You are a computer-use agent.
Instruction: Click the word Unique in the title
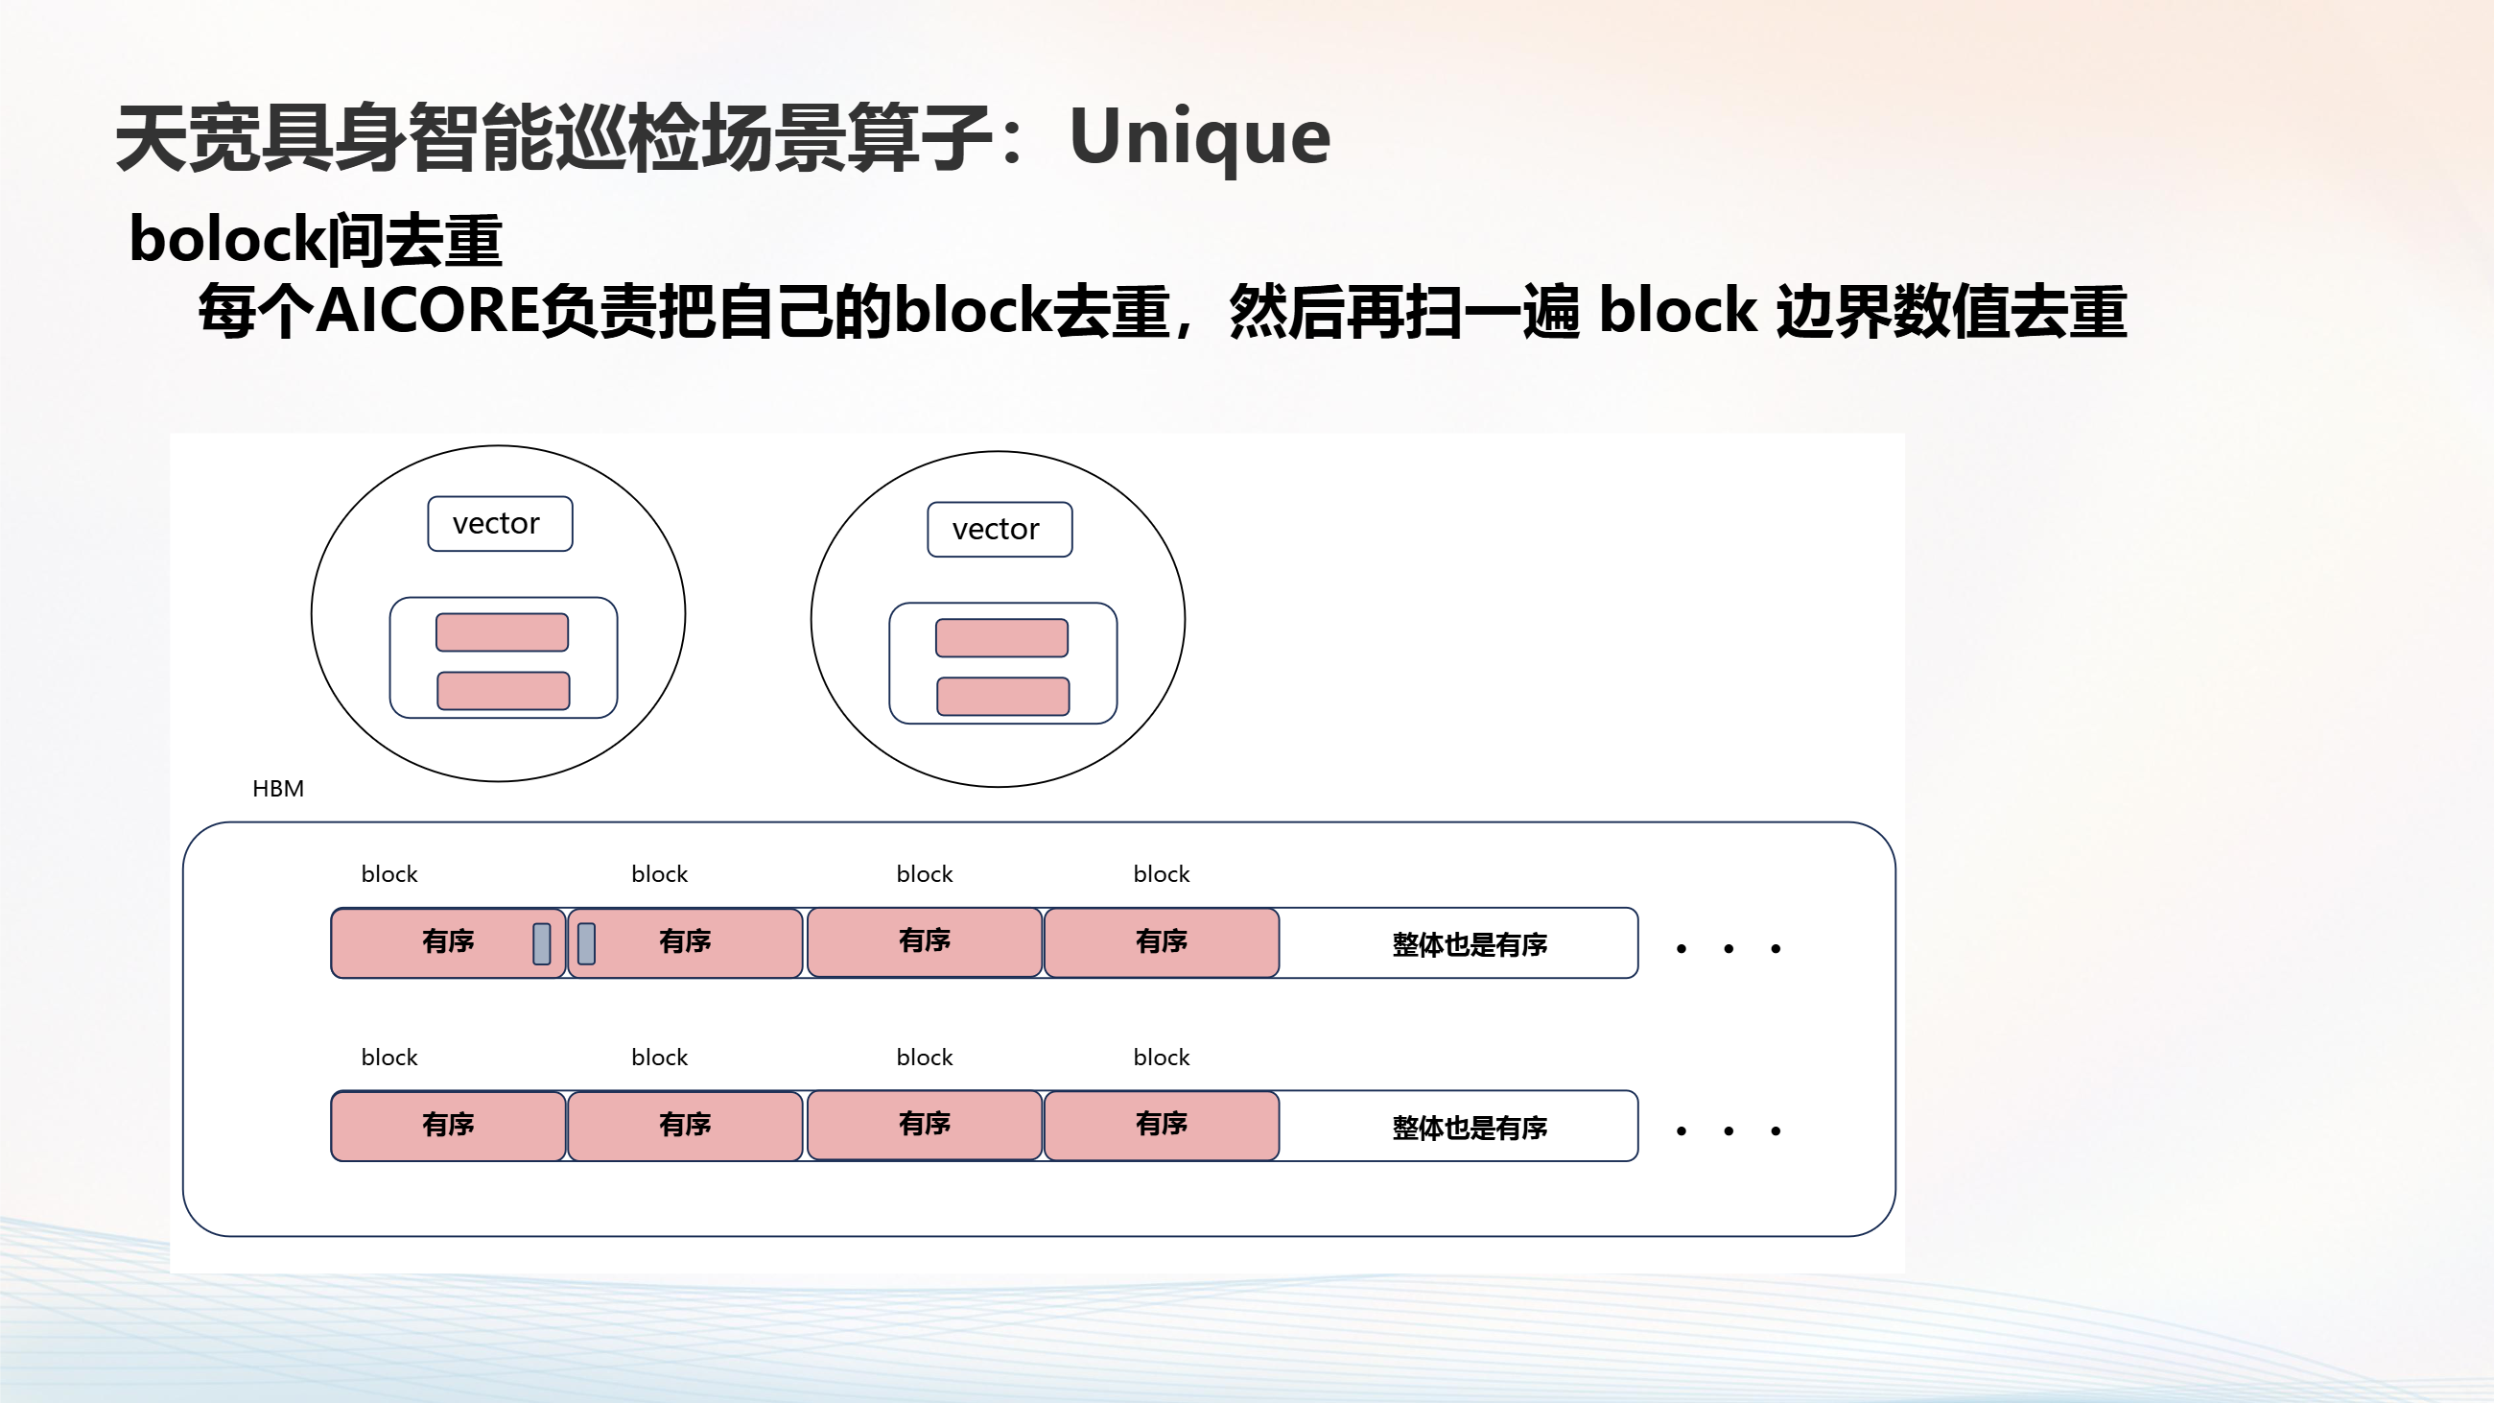[1200, 138]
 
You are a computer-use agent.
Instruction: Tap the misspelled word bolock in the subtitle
[228, 239]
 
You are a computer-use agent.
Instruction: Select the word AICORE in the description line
[428, 311]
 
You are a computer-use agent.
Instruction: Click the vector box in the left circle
[501, 524]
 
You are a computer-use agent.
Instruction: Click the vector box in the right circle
[1000, 530]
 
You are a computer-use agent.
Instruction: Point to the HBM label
[278, 789]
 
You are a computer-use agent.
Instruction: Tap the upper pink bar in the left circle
[503, 632]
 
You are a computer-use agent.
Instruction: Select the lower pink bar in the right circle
[1003, 696]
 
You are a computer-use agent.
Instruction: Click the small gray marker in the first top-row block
[542, 944]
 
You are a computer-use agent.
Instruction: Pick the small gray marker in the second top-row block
[587, 944]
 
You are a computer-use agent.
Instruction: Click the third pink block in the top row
[925, 942]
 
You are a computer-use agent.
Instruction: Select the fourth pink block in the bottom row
[1162, 1125]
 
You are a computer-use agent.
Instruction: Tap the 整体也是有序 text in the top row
[1470, 945]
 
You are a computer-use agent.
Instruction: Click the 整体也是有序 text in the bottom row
[1470, 1128]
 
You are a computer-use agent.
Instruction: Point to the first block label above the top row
[389, 874]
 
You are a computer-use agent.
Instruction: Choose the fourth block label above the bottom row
[1162, 1058]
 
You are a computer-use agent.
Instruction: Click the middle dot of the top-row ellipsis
[1729, 949]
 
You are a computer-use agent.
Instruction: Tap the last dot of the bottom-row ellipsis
[1776, 1130]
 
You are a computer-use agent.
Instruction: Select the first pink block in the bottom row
[448, 1125]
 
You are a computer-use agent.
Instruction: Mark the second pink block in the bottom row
[686, 1125]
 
